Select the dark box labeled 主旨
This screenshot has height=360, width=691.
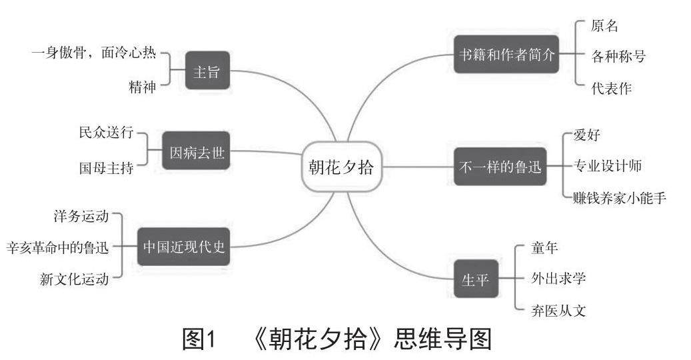[207, 71]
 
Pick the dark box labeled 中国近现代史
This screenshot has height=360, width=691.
[184, 246]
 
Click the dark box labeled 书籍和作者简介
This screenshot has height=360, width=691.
[506, 54]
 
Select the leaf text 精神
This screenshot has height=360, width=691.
[142, 87]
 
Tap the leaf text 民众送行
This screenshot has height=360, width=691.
[106, 132]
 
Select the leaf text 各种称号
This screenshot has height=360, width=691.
[618, 57]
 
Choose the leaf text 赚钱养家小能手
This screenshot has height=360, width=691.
[619, 198]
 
